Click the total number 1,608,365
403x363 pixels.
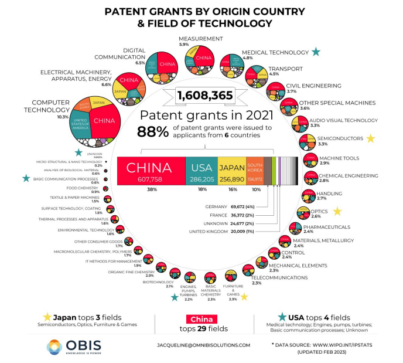click(x=204, y=95)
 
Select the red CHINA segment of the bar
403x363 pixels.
click(x=151, y=169)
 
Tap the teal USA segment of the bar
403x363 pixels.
click(x=201, y=169)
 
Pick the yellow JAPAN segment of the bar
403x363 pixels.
click(x=231, y=169)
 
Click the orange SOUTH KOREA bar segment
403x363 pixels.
click(x=254, y=169)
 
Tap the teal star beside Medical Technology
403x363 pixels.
click(x=316, y=52)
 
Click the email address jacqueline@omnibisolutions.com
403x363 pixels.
click(x=204, y=345)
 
